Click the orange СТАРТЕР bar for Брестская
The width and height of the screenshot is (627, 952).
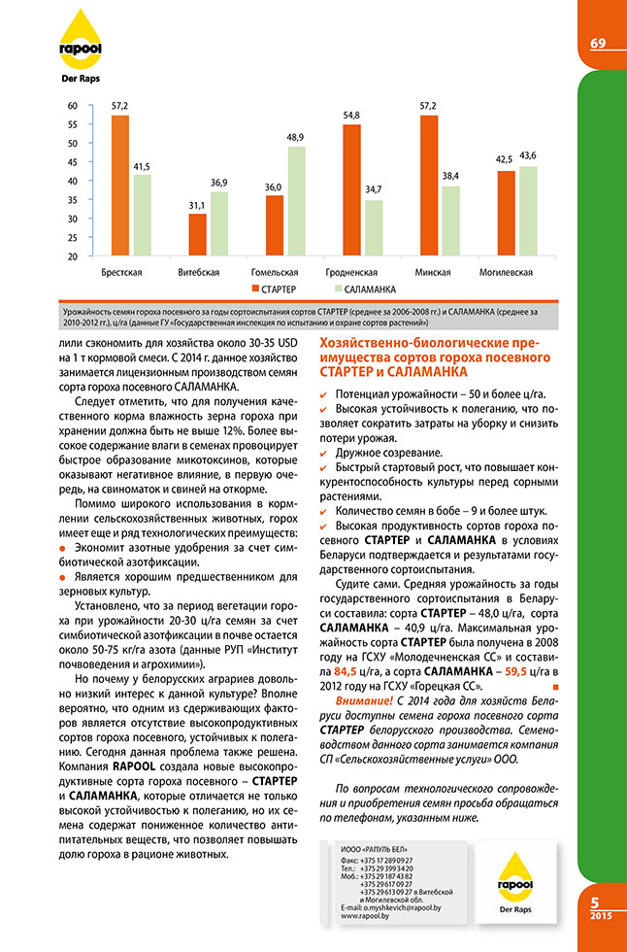(x=119, y=185)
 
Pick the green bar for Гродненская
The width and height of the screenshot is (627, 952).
(x=374, y=228)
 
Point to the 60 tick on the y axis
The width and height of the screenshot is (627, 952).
(x=72, y=106)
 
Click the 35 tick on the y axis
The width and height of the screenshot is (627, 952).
(x=72, y=200)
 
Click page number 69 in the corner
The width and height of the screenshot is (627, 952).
(x=598, y=43)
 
